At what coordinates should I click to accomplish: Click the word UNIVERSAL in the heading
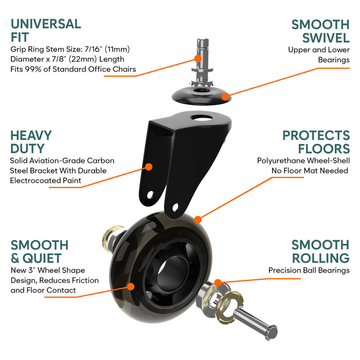(46, 24)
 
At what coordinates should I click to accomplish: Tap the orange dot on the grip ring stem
(197, 59)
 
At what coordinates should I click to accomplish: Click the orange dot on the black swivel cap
(225, 97)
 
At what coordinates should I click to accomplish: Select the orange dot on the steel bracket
(149, 167)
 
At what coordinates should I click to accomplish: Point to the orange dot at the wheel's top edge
(197, 220)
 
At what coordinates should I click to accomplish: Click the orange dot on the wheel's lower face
(131, 286)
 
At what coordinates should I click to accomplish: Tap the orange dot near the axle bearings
(218, 283)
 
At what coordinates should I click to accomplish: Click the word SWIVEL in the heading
(326, 38)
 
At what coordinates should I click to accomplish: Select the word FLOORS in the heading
(323, 149)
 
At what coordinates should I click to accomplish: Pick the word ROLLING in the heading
(321, 258)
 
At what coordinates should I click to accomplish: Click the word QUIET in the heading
(42, 258)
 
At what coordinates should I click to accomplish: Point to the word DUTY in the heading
(28, 149)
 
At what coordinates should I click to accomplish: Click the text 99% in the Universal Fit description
(33, 69)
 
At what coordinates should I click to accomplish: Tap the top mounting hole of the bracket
(202, 118)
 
